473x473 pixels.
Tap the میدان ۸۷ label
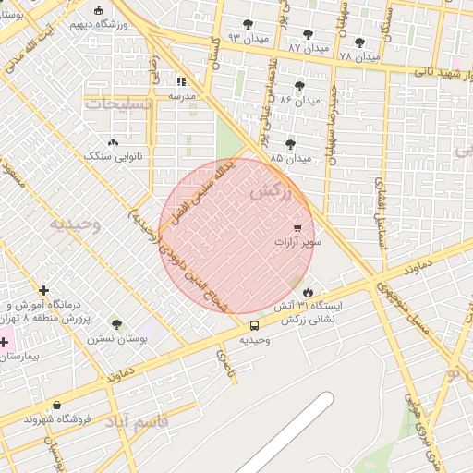click(308, 46)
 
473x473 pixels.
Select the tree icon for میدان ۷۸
click(359, 42)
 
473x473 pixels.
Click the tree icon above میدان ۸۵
click(290, 144)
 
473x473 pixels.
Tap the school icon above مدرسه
click(181, 81)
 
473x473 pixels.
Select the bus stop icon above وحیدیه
click(254, 325)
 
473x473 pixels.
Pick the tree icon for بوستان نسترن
click(116, 324)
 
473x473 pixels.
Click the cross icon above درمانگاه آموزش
click(44, 291)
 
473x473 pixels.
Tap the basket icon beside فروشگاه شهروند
click(57, 405)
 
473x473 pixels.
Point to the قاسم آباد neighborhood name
click(139, 423)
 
